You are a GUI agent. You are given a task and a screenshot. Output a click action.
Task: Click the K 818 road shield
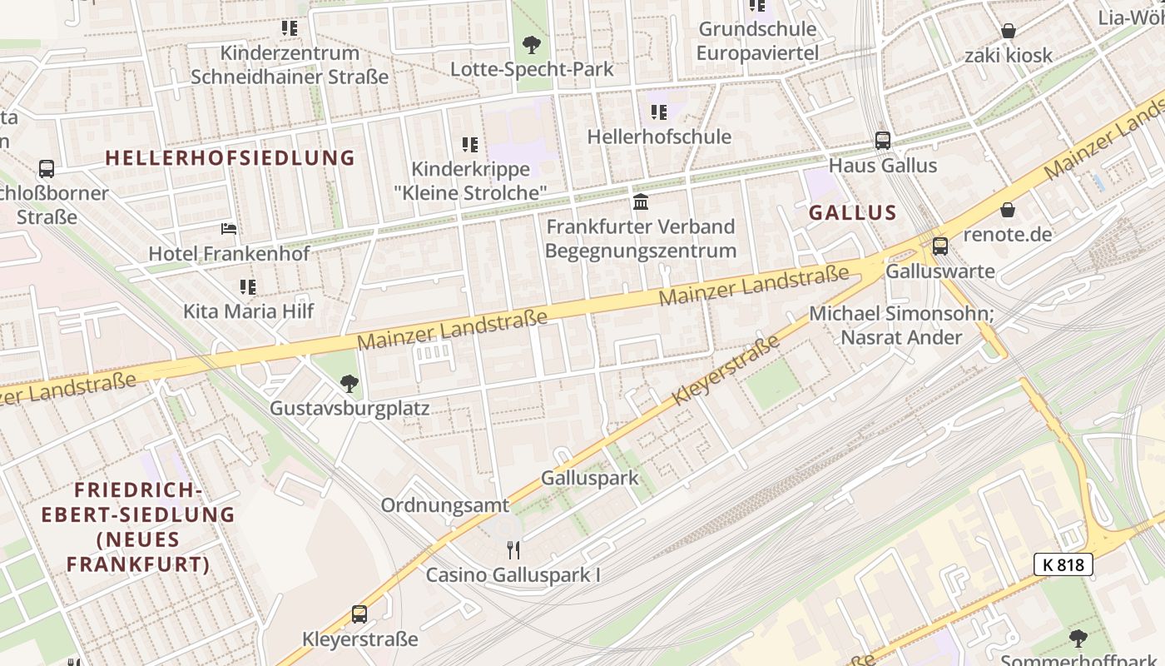1063,564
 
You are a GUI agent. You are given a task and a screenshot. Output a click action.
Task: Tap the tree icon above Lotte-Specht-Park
532,44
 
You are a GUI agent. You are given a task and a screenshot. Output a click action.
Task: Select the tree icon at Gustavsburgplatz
349,384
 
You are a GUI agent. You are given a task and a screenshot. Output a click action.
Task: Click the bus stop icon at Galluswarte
939,246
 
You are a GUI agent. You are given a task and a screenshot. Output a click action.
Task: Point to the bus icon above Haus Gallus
883,141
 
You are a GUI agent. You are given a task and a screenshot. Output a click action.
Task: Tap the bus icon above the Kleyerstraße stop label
359,614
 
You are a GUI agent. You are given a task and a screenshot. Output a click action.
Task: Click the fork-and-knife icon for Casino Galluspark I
513,550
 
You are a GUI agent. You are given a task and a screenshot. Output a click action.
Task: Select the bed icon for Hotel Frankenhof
229,229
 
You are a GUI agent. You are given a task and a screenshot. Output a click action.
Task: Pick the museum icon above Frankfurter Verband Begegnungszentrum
641,201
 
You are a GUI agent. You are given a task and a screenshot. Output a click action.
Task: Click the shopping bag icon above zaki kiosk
1009,32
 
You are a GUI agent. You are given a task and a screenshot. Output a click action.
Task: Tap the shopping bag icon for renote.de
1008,210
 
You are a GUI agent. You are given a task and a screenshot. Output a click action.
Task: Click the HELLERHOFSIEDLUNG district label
231,158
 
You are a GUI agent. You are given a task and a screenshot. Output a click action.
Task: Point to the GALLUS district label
853,212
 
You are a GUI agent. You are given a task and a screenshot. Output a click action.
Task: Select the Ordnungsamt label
444,505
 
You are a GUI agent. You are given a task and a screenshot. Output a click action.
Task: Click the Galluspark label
589,478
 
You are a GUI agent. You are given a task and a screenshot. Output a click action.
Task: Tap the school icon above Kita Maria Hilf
248,287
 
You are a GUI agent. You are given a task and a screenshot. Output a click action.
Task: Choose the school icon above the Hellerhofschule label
659,112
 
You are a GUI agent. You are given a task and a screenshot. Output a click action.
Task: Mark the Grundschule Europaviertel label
757,41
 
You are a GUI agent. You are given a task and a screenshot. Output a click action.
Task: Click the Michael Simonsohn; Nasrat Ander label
901,326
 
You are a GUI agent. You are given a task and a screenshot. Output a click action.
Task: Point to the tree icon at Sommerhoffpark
1078,639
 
